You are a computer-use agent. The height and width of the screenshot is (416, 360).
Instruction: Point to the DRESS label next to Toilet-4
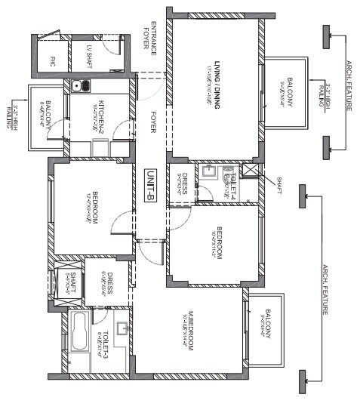tap(183, 183)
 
